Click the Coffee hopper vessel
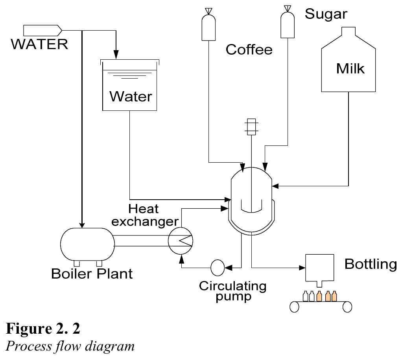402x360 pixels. tap(207, 28)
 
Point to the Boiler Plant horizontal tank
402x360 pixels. tap(87, 244)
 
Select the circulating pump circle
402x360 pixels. tap(217, 268)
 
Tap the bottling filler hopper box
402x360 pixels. tap(319, 269)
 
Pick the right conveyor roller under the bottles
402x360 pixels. tap(347, 307)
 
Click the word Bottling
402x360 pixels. tap(370, 264)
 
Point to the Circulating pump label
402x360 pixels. tap(232, 290)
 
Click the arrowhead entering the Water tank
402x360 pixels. tap(116, 55)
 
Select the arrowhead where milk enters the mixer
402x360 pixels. tap(275, 185)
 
